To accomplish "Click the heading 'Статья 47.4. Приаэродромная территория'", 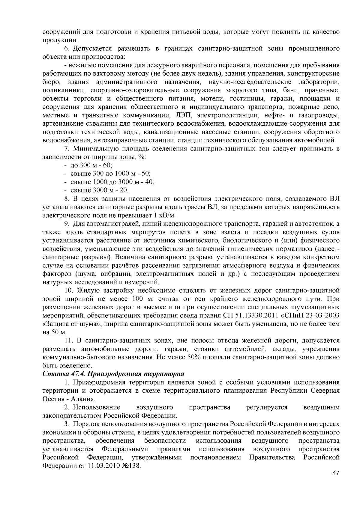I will pos(113,374).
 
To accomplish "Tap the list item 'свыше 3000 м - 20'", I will pos(99,190).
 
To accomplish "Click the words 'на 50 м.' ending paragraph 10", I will pos(54,332).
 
